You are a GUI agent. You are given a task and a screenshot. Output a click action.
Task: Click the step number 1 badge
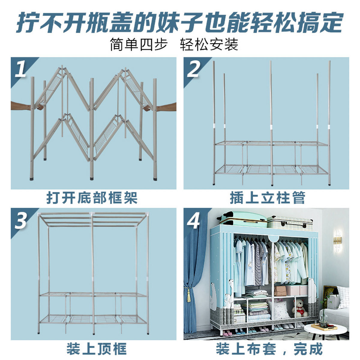[20, 69]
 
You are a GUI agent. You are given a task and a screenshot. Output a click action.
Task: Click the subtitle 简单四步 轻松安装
[174, 44]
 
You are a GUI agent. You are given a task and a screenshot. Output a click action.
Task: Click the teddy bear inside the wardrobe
[299, 308]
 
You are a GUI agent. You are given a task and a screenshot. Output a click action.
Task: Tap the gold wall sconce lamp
[337, 239]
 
